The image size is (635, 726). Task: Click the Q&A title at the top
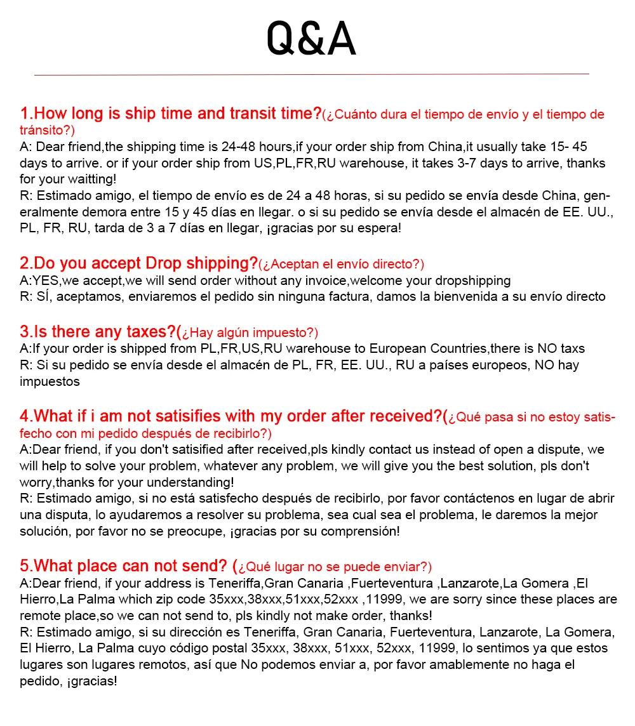(x=311, y=39)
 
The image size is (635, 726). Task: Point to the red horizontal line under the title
(x=311, y=74)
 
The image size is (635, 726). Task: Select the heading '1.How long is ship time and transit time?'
(x=171, y=114)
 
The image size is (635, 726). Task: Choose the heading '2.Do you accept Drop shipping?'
(x=138, y=263)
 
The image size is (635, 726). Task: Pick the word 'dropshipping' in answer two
(x=472, y=280)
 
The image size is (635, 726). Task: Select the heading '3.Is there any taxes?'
(x=98, y=332)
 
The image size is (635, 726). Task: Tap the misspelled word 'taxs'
(x=571, y=348)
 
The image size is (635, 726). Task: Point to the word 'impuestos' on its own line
(x=50, y=381)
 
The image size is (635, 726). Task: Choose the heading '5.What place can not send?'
(x=123, y=566)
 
